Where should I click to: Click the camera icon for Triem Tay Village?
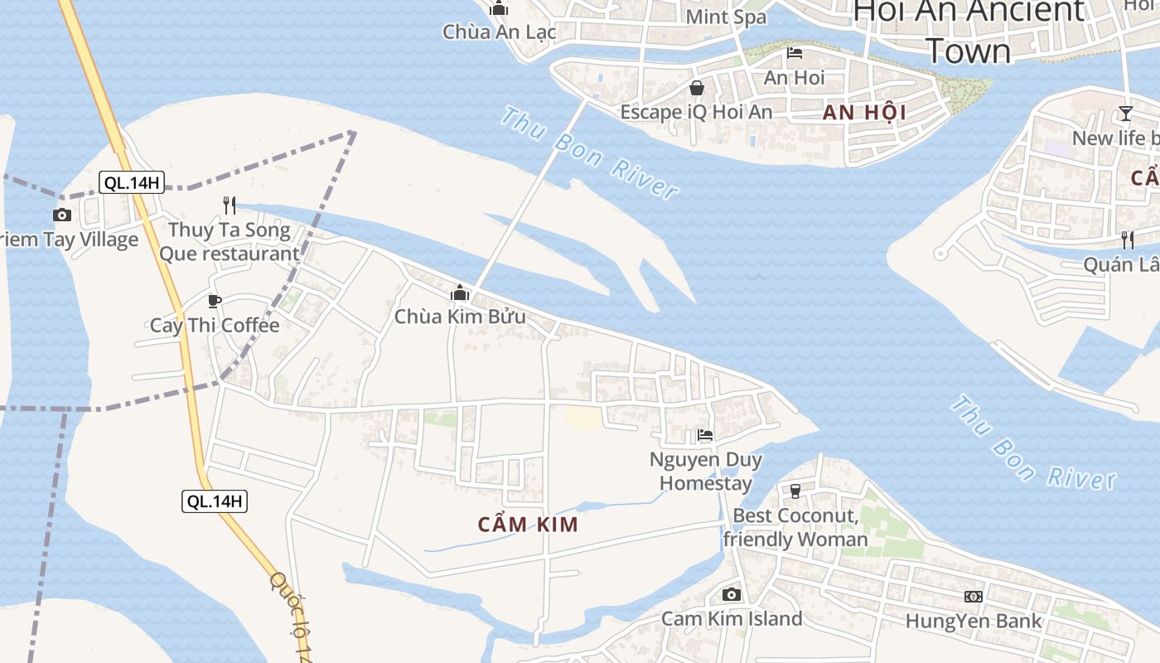62,215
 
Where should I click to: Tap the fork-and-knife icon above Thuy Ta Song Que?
230,205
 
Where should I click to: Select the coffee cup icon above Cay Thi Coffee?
215,301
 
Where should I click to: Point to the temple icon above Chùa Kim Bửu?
460,293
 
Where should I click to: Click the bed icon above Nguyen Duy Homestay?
705,434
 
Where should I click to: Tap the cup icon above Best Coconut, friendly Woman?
795,491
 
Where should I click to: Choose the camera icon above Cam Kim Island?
731,594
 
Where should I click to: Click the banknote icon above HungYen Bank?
974,597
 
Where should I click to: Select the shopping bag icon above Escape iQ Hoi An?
697,88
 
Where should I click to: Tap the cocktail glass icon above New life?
1125,114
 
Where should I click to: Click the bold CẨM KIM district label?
528,525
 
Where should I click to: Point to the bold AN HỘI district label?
864,113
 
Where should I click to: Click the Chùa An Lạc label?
499,32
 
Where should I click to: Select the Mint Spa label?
727,17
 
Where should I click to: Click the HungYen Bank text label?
974,621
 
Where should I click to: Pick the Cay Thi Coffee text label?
215,325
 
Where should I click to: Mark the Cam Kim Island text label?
732,618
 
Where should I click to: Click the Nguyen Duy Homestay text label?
706,472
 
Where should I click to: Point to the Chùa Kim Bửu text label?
460,317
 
